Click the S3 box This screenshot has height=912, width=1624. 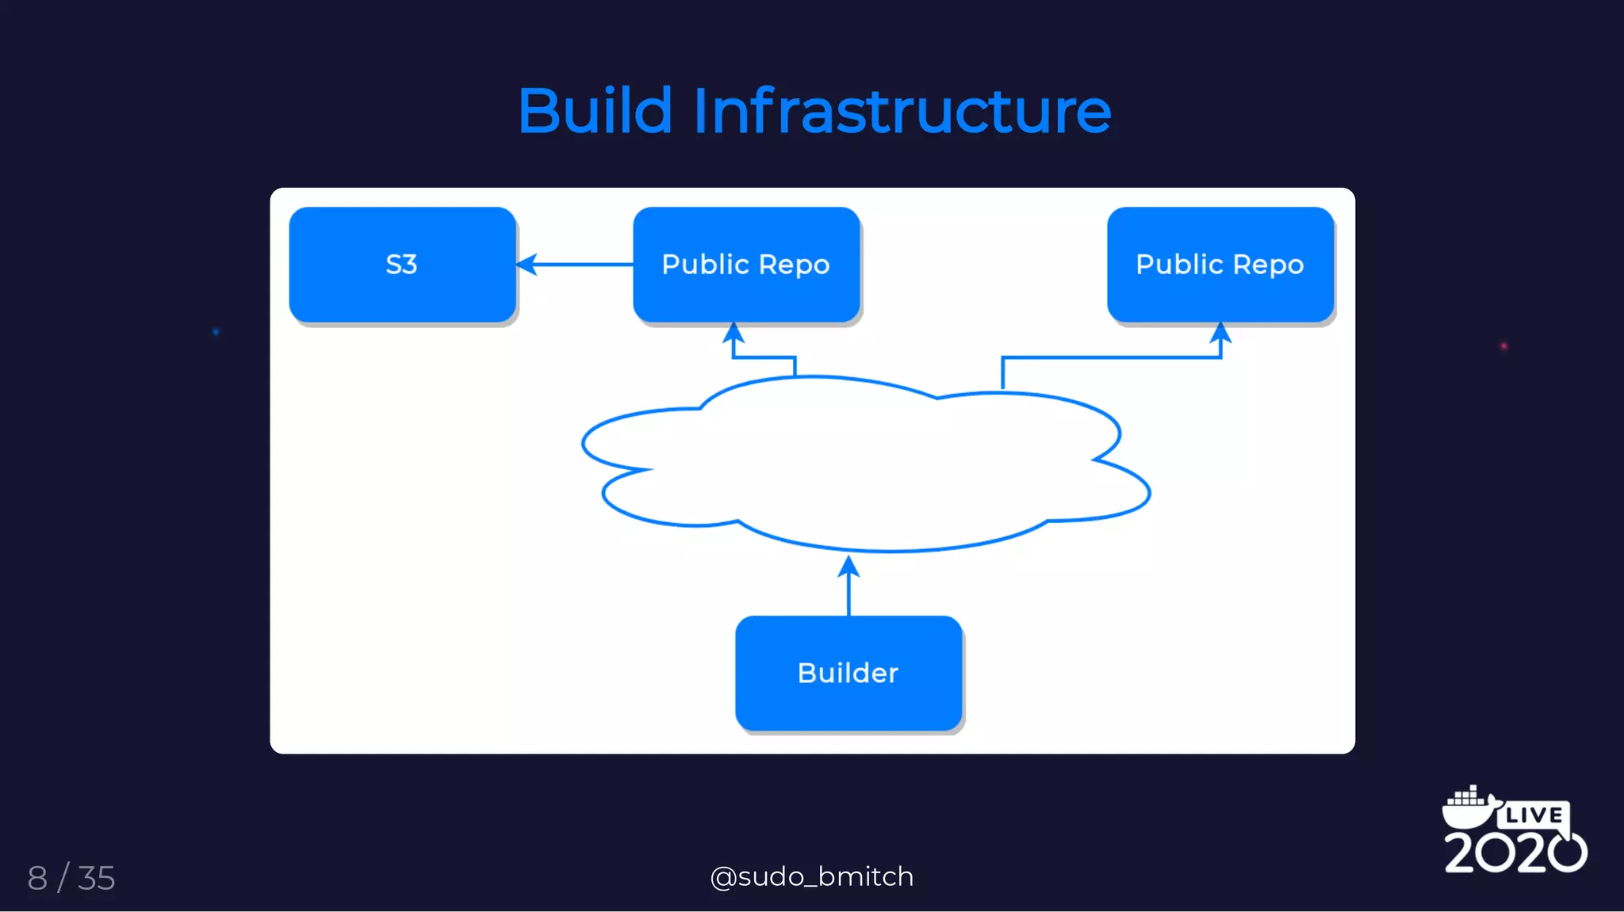(x=402, y=265)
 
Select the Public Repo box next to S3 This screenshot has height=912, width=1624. (x=745, y=265)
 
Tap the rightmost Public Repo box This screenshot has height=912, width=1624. (x=1220, y=265)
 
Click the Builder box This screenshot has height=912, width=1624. (x=848, y=673)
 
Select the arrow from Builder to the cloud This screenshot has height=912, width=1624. (x=848, y=586)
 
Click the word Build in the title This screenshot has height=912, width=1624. (x=595, y=111)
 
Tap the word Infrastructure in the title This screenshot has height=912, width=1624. (x=902, y=111)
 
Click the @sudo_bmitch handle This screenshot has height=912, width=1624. (x=812, y=876)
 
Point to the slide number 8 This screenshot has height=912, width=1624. (x=37, y=878)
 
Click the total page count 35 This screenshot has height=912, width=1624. (x=97, y=878)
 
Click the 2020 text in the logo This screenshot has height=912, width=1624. (x=1515, y=853)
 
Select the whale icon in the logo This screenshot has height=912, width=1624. (x=1469, y=807)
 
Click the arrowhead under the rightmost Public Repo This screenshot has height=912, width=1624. (x=1220, y=333)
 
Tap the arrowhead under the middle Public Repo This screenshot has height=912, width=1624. (x=733, y=333)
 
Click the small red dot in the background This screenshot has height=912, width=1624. (x=1503, y=346)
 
